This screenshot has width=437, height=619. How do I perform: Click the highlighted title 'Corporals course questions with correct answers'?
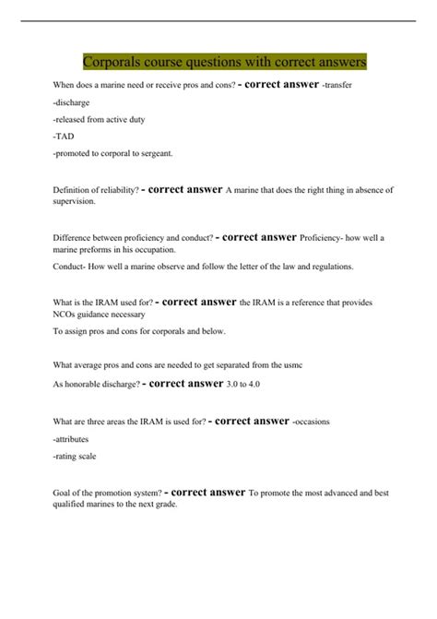tap(224, 62)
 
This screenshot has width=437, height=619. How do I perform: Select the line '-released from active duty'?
tap(99, 119)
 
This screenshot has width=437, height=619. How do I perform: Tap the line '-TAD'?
tap(65, 136)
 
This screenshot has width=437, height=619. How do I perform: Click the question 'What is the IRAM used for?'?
tap(102, 303)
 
